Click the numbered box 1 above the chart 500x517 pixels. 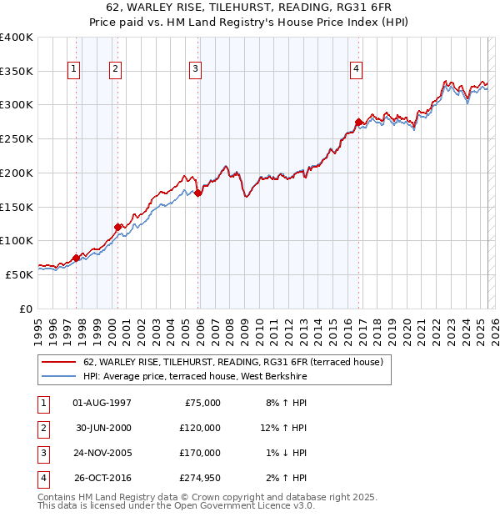[x=74, y=69]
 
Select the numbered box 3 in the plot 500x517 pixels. [x=195, y=69]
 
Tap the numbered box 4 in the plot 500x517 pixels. [x=356, y=69]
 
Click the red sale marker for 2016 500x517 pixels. [x=359, y=123]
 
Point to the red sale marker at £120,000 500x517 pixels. [x=118, y=226]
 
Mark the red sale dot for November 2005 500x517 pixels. [x=198, y=193]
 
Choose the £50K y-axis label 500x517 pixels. [x=20, y=274]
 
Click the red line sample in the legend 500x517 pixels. [x=58, y=362]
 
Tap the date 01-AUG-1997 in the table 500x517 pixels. [x=102, y=403]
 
